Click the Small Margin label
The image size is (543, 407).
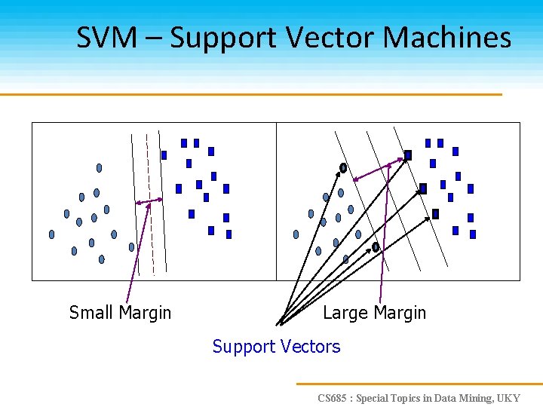pos(120,313)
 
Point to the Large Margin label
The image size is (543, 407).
pos(374,313)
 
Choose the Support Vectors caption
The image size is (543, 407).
pos(276,347)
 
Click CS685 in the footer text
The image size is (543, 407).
pos(333,398)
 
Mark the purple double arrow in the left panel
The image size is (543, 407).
pos(149,201)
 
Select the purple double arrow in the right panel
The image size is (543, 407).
pos(377,169)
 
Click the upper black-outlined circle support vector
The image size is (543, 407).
pos(343,168)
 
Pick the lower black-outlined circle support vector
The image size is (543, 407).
pos(376,247)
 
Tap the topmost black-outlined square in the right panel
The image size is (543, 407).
pos(408,155)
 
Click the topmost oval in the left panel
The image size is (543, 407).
pos(99,167)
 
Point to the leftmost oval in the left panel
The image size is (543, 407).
pos(51,234)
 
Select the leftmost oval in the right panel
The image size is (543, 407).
pos(296,234)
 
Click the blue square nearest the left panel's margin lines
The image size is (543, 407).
pos(164,155)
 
